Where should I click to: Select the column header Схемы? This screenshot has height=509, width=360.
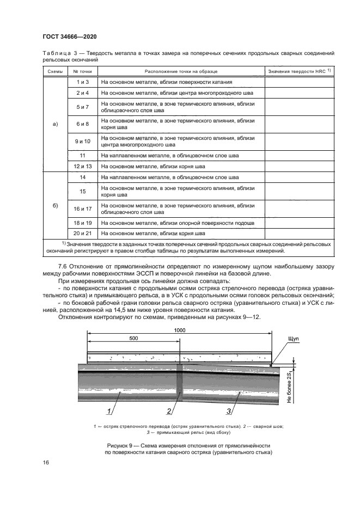[x=54, y=72]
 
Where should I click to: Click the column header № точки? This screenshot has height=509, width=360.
[x=83, y=72]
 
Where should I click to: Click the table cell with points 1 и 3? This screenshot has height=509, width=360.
[x=83, y=82]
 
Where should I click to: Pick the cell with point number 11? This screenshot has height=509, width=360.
[x=83, y=156]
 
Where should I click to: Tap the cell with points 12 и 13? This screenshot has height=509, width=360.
[x=83, y=166]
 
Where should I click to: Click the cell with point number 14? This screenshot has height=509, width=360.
[x=83, y=177]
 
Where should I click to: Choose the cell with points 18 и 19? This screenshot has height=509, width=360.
[x=83, y=223]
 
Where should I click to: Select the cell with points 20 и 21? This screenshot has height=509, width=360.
[x=83, y=234]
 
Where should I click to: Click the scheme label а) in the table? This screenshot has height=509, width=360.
[x=54, y=124]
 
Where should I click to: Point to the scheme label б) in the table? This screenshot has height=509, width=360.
[x=54, y=205]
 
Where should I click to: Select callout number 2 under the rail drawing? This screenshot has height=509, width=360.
[x=169, y=410]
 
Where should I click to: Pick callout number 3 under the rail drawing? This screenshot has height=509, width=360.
[x=229, y=410]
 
